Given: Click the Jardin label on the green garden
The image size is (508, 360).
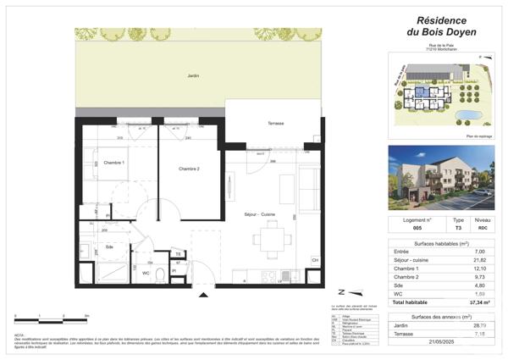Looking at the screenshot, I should (193, 76).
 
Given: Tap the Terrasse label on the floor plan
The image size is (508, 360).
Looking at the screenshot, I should (275, 124).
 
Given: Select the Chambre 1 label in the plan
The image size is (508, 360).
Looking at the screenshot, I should (113, 163).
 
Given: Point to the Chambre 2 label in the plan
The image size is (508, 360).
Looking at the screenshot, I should (189, 169).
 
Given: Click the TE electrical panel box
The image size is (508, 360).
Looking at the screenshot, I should (178, 254).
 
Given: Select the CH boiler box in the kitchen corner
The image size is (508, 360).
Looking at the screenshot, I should (315, 260).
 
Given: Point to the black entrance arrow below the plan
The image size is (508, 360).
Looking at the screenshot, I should (202, 294).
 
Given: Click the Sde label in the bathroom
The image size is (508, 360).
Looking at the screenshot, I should (110, 246).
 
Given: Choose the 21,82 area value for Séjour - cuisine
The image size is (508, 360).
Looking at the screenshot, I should (479, 260).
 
